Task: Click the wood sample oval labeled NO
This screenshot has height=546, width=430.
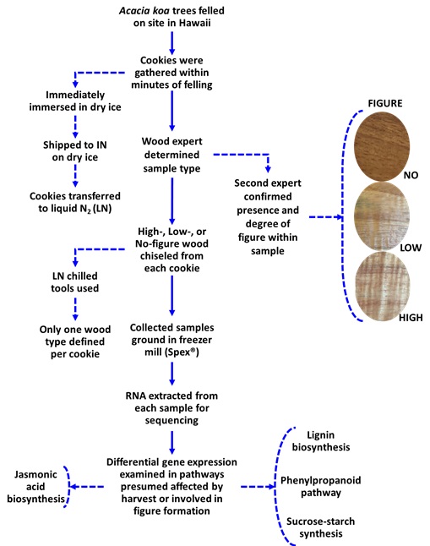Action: click(x=382, y=146)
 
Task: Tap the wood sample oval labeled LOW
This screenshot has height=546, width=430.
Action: click(x=382, y=216)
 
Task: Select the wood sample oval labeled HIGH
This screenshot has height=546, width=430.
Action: click(x=382, y=286)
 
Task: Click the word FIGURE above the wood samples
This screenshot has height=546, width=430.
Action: click(x=385, y=103)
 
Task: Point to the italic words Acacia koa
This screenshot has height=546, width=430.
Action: click(x=144, y=11)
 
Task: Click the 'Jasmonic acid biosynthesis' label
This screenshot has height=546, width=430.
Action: click(x=35, y=487)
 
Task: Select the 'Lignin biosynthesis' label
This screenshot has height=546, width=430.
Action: click(x=321, y=441)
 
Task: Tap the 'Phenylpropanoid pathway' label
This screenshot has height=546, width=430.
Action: click(x=321, y=487)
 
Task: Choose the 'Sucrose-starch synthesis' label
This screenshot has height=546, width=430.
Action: click(x=321, y=527)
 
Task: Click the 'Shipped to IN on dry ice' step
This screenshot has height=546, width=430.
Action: click(x=75, y=151)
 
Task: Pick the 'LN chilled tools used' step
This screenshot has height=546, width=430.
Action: click(x=75, y=282)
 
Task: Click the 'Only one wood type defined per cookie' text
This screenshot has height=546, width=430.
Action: click(x=75, y=341)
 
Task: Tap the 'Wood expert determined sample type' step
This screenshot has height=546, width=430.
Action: click(x=171, y=155)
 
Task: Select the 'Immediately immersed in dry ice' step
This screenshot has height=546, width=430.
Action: click(x=75, y=101)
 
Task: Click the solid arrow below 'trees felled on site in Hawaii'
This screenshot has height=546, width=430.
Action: click(x=171, y=43)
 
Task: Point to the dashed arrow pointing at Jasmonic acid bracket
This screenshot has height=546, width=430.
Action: click(x=87, y=487)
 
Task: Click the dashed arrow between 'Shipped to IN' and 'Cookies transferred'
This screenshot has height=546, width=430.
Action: click(x=75, y=176)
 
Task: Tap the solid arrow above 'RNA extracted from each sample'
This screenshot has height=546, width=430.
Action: click(x=171, y=374)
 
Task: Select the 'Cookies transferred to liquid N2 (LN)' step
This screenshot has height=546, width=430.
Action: click(x=75, y=202)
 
